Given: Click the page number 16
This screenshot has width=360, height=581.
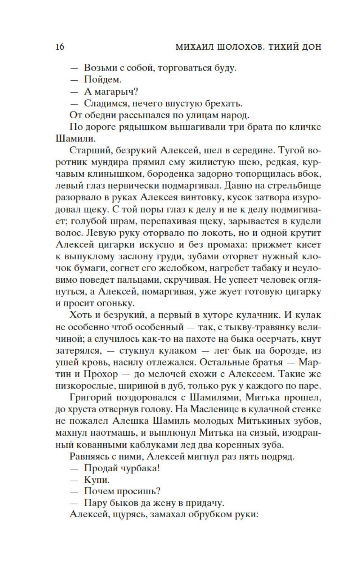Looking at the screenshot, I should click(60, 47).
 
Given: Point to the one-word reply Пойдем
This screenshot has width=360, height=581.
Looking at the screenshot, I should click(103, 80).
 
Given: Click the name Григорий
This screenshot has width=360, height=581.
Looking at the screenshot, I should click(91, 398).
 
